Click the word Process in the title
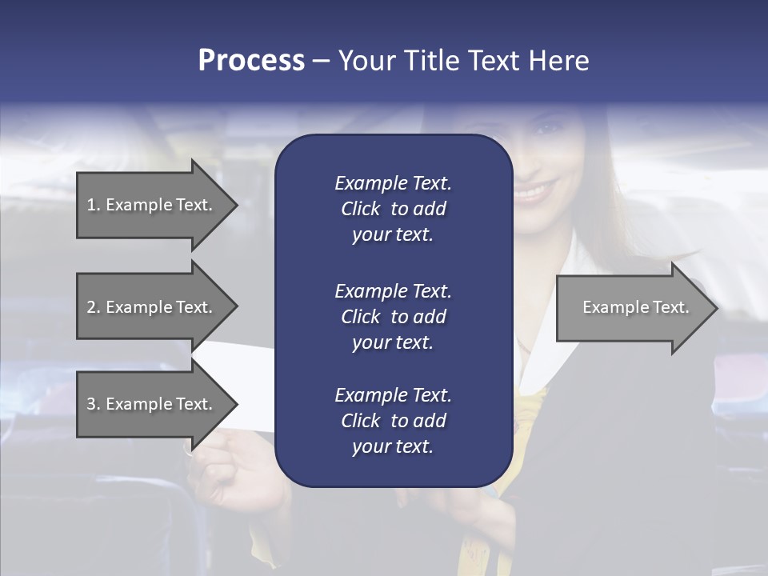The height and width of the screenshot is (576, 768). tap(251, 60)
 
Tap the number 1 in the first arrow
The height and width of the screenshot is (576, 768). tap(92, 205)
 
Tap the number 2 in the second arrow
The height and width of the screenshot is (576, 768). tap(92, 307)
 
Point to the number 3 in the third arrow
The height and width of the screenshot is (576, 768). tap(92, 404)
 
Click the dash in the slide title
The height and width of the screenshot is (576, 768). tap(320, 61)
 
